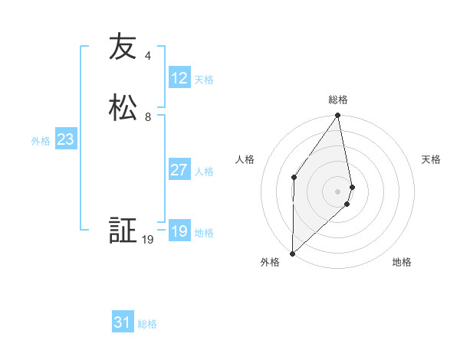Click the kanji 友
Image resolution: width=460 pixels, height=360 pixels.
point(123,47)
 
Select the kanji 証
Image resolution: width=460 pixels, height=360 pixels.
point(123,231)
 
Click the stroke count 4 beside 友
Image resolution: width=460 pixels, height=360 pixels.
point(148,56)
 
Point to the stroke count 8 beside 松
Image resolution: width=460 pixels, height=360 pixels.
point(148,117)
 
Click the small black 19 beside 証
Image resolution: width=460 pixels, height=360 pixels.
point(148,240)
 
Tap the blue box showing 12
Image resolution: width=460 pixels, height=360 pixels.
point(179,78)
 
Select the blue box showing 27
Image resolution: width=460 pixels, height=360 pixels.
point(179,170)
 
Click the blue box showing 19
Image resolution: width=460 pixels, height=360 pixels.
point(179,231)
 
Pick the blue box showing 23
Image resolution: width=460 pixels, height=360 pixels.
point(65,139)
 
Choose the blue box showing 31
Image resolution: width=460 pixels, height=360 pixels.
point(123,322)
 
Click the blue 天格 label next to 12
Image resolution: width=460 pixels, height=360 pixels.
point(204,79)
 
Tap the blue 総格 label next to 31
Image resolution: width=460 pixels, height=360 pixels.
point(147,324)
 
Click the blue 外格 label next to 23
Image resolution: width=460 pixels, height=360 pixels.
point(41,141)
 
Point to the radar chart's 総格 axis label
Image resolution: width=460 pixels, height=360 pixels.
point(338,100)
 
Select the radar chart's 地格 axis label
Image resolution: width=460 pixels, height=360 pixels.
point(402,262)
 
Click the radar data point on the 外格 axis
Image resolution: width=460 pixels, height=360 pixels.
point(292,254)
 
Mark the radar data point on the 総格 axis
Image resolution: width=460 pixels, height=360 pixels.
point(338,116)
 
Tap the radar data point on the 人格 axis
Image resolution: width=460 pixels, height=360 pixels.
point(294,178)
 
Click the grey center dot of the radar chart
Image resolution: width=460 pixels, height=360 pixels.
point(338,191)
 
